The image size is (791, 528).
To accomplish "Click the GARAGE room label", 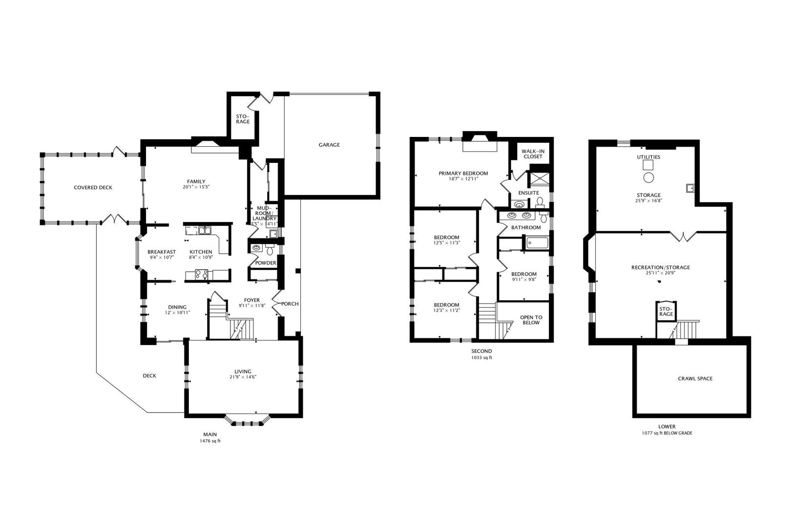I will (x=329, y=145).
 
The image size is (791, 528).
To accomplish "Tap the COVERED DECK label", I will (x=93, y=188).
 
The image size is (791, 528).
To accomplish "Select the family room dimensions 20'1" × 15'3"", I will (x=196, y=187).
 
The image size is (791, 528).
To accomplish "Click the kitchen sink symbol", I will (x=204, y=230).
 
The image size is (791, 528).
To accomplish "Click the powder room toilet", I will (x=269, y=249).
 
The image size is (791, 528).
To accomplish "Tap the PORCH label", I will (x=290, y=304).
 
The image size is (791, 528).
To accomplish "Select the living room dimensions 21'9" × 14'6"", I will (x=243, y=377).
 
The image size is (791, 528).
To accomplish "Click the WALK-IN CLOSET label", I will (x=533, y=154).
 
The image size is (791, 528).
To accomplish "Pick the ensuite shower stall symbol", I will (x=539, y=178).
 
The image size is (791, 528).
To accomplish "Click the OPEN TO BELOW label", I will (x=531, y=320).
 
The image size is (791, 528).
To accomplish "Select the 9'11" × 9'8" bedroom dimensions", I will (x=524, y=280).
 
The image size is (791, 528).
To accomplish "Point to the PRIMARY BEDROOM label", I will (x=463, y=174).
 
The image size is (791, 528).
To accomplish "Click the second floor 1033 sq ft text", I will (x=481, y=358).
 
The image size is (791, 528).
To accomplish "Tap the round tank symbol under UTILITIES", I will (x=648, y=177).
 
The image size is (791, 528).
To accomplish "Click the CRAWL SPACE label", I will (x=695, y=378).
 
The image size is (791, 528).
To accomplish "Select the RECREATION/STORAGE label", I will (x=660, y=267).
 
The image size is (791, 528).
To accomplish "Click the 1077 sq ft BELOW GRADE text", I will (x=666, y=433).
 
